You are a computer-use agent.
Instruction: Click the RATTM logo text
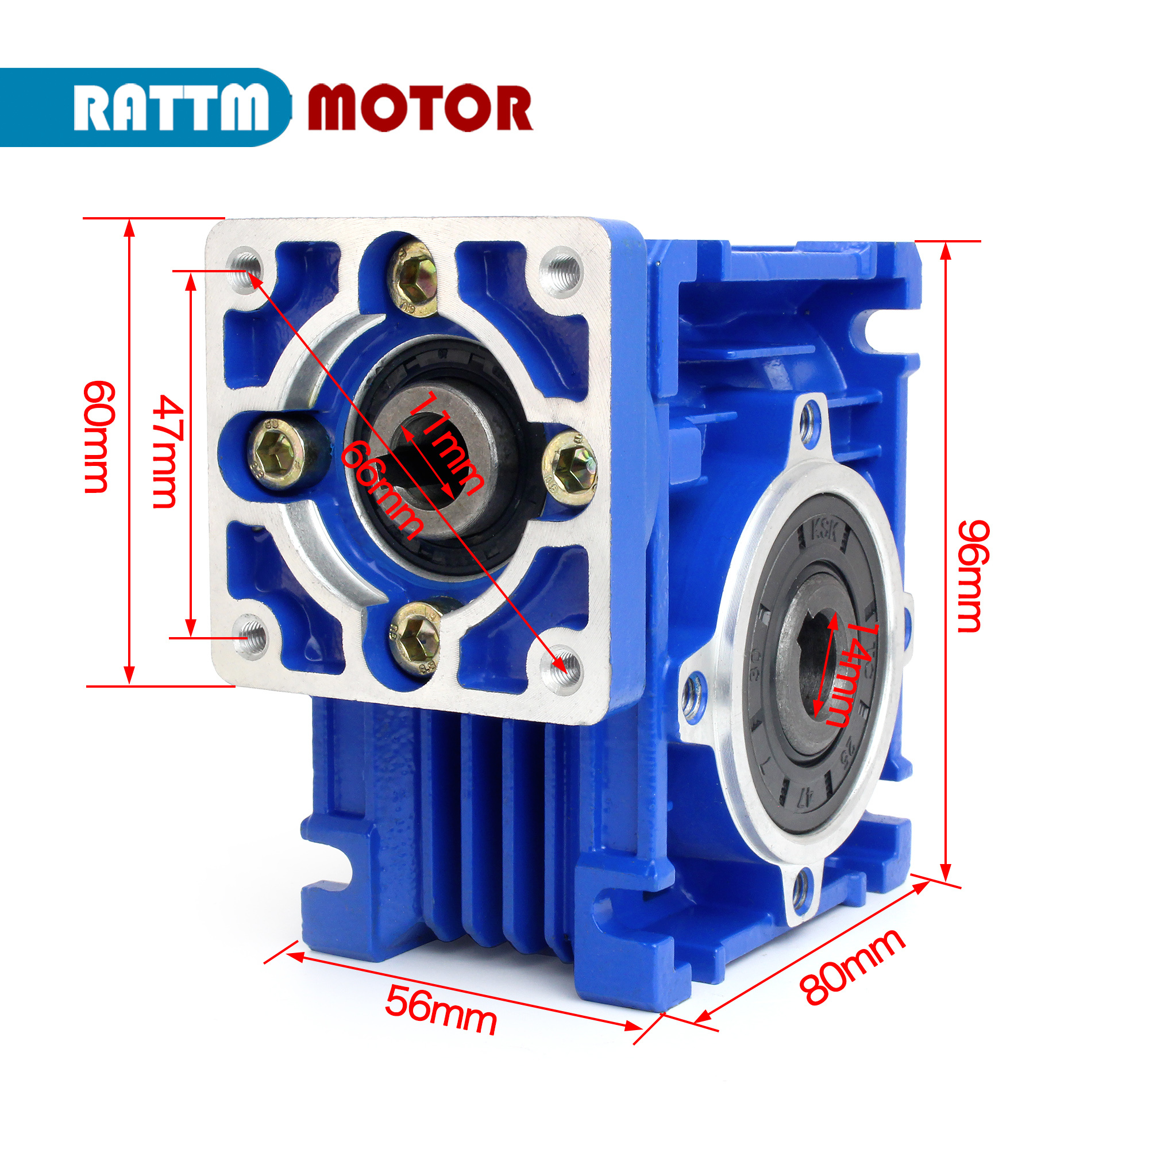point(171,107)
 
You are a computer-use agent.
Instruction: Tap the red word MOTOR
point(420,107)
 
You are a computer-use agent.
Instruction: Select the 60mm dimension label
point(96,437)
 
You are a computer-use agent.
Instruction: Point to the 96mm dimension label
point(973,576)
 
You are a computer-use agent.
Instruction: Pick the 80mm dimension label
point(852,966)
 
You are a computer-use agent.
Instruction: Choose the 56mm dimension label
point(441,1010)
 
